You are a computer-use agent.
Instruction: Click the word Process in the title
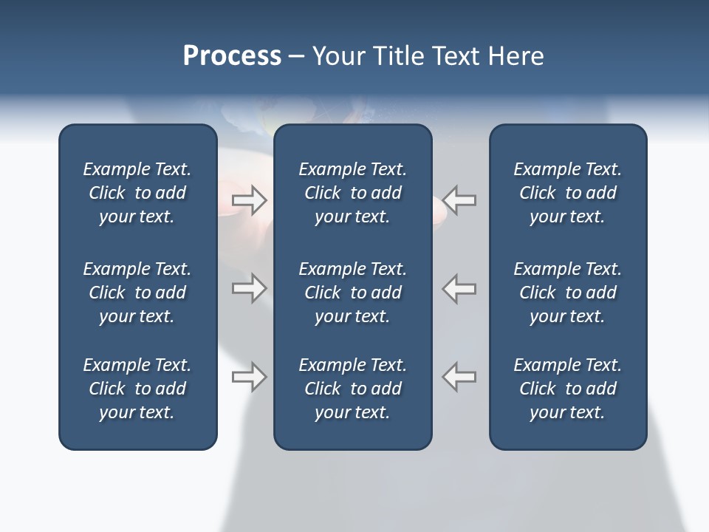pyautogui.click(x=232, y=56)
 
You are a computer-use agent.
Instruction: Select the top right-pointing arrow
pyautogui.click(x=249, y=200)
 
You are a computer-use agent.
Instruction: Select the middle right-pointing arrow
pyautogui.click(x=249, y=288)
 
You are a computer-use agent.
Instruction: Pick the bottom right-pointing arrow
pyautogui.click(x=249, y=376)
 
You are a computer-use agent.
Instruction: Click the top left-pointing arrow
pyautogui.click(x=459, y=200)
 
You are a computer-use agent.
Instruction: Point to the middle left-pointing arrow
pyautogui.click(x=459, y=288)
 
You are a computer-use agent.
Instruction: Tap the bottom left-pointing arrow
pyautogui.click(x=459, y=376)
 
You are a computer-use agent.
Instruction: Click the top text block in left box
pyautogui.click(x=137, y=193)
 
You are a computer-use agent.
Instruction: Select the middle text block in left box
pyautogui.click(x=137, y=293)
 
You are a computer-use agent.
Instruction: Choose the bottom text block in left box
pyautogui.click(x=137, y=389)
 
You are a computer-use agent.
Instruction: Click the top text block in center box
pyautogui.click(x=352, y=193)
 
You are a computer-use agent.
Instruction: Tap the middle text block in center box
pyautogui.click(x=352, y=293)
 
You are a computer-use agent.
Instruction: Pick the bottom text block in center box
pyautogui.click(x=352, y=389)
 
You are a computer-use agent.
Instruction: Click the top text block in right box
pyautogui.click(x=567, y=193)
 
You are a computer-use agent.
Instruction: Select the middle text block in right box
pyautogui.click(x=567, y=293)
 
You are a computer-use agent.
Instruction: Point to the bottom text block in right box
pyautogui.click(x=567, y=389)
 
